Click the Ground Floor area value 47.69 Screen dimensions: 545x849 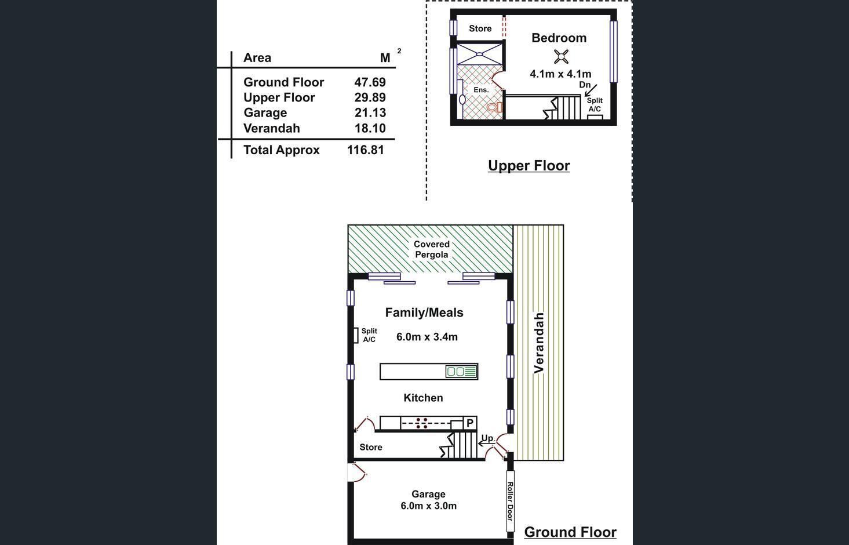tap(370, 82)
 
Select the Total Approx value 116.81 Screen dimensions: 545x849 tap(365, 150)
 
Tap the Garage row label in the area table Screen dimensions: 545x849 tap(265, 112)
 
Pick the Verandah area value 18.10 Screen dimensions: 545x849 tap(370, 128)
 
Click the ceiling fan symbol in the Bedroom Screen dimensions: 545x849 tap(560, 56)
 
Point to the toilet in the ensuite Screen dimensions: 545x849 tap(493, 107)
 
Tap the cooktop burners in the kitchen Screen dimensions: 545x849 tap(422, 423)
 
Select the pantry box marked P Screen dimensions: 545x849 tap(470, 423)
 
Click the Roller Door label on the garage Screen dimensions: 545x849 tap(510, 501)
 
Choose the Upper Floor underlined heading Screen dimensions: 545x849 tap(529, 166)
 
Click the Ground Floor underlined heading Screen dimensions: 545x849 tap(570, 532)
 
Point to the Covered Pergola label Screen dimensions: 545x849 tap(431, 249)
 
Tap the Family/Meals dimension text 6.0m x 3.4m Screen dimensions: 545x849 tap(427, 337)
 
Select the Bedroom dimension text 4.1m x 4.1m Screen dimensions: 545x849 tap(560, 74)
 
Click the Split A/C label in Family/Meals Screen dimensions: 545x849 tap(369, 335)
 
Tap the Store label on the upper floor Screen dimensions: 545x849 tap(480, 28)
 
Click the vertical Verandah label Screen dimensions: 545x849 tap(539, 343)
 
